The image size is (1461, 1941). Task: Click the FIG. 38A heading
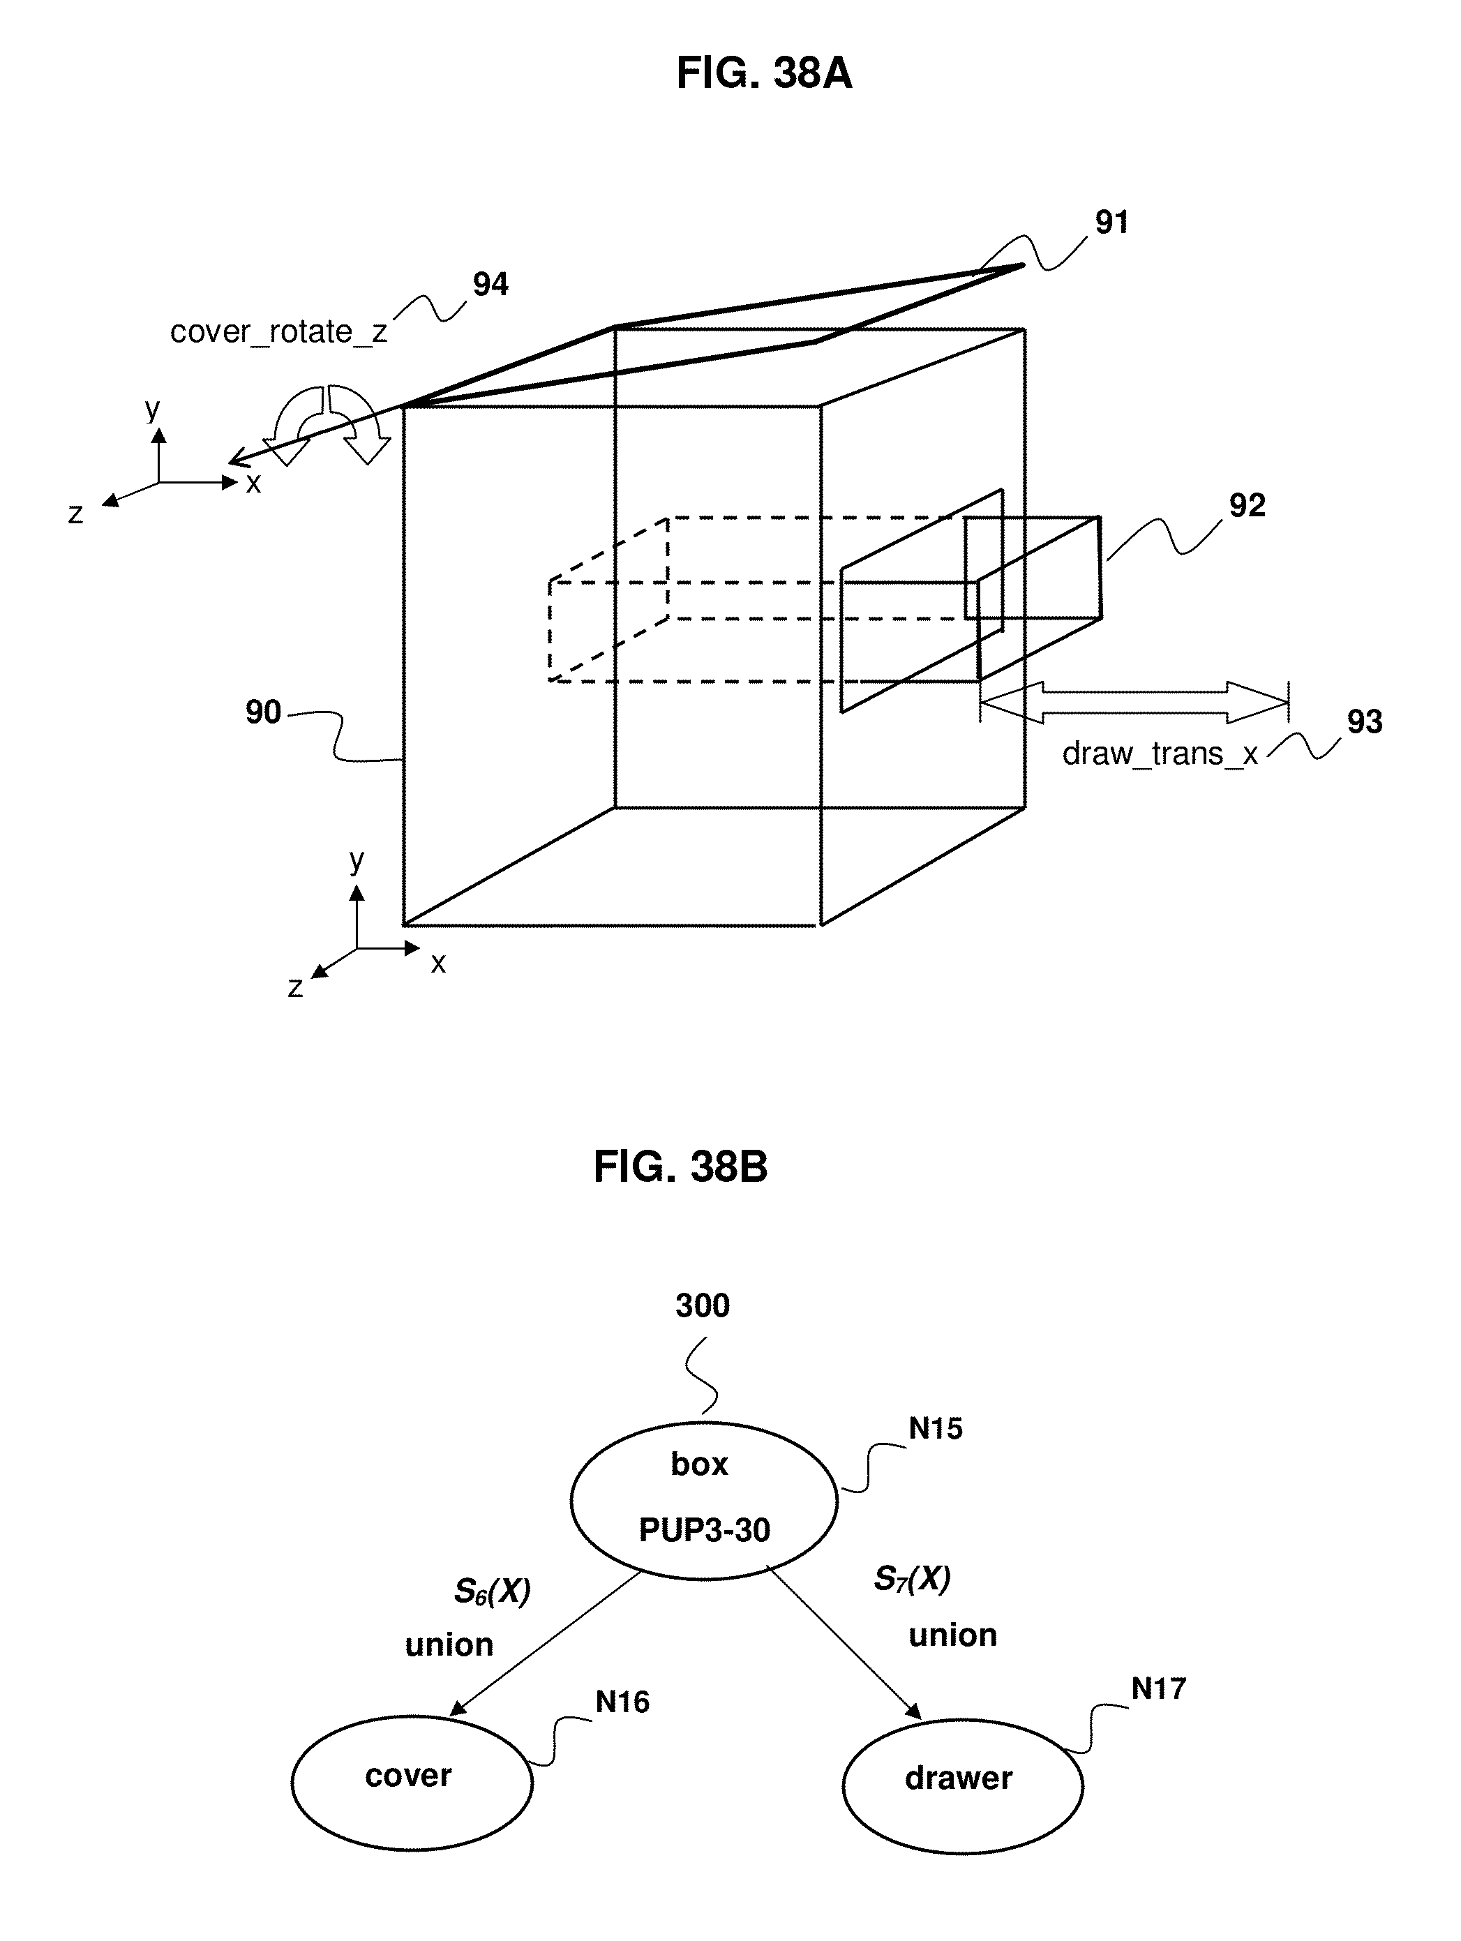pos(763,73)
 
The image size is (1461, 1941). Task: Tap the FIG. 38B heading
pos(680,1167)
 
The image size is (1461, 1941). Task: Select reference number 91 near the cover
pos(1111,222)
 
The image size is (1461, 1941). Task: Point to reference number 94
pos(490,284)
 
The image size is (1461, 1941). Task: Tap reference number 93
pos(1365,721)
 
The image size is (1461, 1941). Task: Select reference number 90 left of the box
pos(263,712)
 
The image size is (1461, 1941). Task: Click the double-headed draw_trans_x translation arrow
pos(1134,702)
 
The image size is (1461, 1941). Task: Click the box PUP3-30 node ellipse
pos(704,1501)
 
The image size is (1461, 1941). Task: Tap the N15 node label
pos(936,1429)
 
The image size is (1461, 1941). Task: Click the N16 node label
pos(622,1702)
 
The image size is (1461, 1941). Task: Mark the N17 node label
pos(1158,1688)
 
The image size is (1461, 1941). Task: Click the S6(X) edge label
pos(493,1591)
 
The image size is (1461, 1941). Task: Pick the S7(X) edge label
pos(913,1580)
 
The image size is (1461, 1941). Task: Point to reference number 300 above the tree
pos(703,1305)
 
